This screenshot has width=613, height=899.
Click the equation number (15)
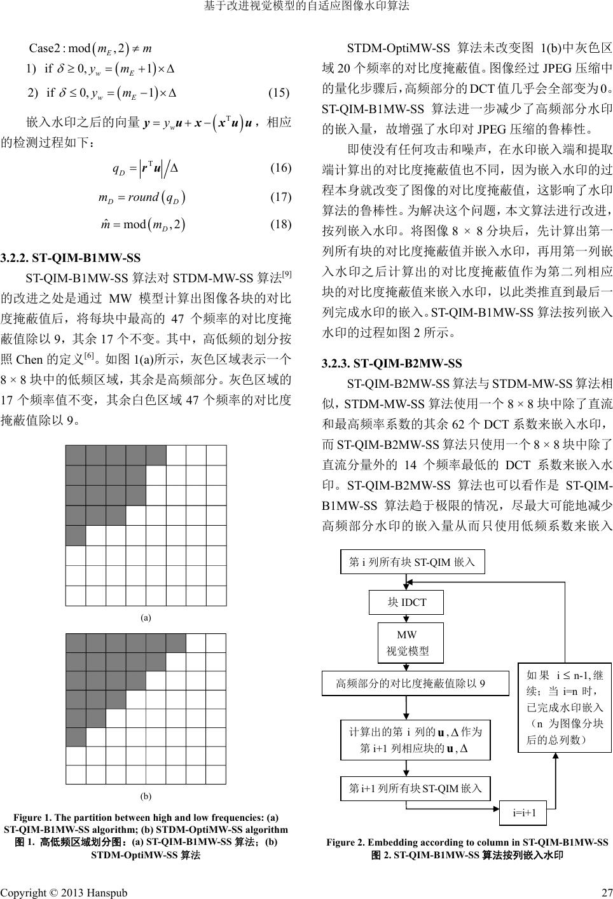279,93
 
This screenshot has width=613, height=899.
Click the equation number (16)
280,168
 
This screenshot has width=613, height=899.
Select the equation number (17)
280,196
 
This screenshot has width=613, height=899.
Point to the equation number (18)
280,224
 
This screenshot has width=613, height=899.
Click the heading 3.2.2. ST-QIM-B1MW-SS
71,258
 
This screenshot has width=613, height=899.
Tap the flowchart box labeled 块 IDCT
406,602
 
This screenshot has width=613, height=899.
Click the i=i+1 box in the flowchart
523,813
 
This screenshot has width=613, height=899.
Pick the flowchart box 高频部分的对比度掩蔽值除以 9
416,683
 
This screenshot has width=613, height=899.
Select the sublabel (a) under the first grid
146,617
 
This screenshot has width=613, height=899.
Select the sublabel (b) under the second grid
146,795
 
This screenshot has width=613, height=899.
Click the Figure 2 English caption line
467,842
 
